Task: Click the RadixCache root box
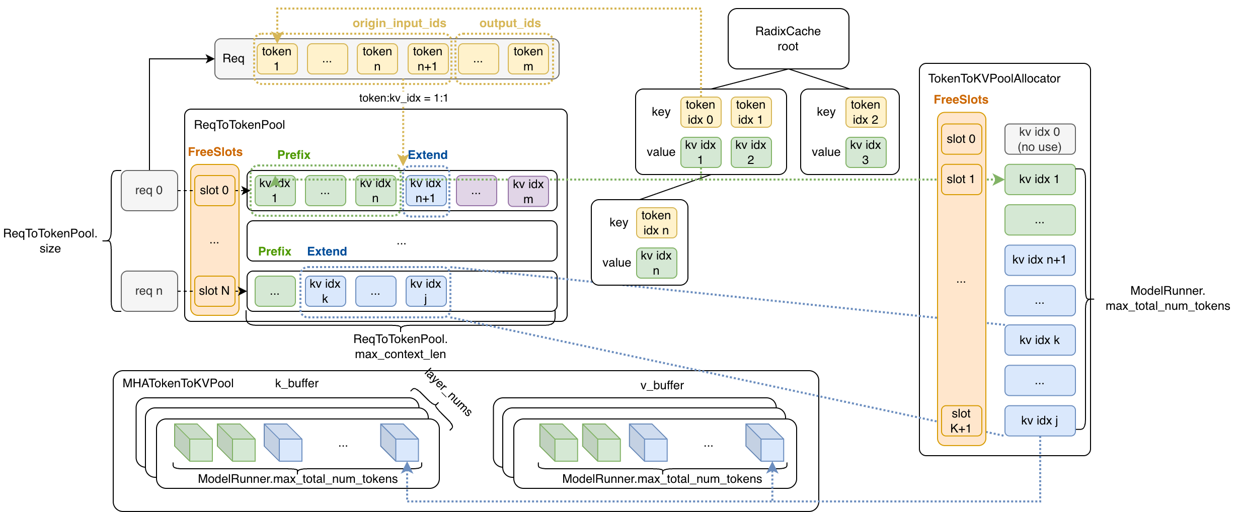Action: pos(788,39)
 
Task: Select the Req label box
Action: pos(234,59)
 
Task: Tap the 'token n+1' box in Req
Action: pos(428,59)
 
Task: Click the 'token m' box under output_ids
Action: pos(528,59)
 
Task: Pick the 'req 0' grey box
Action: pos(149,191)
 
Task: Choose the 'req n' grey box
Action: pos(149,291)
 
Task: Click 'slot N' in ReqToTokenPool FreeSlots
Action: pos(215,291)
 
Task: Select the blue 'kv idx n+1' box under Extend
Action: pos(426,191)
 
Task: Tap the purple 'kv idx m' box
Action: pos(528,191)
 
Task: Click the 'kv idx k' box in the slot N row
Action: pos(325,291)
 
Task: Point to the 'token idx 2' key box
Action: pos(866,112)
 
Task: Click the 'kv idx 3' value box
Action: pos(866,152)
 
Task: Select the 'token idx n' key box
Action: pos(656,223)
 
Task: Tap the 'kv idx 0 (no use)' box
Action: pos(1040,139)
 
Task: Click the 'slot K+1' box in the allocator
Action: pos(961,421)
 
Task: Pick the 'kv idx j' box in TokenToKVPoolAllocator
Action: pos(1040,421)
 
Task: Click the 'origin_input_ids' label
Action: pos(400,23)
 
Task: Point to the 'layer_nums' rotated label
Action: pos(448,392)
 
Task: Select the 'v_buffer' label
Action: pos(662,385)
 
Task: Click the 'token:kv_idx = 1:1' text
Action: pos(404,98)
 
